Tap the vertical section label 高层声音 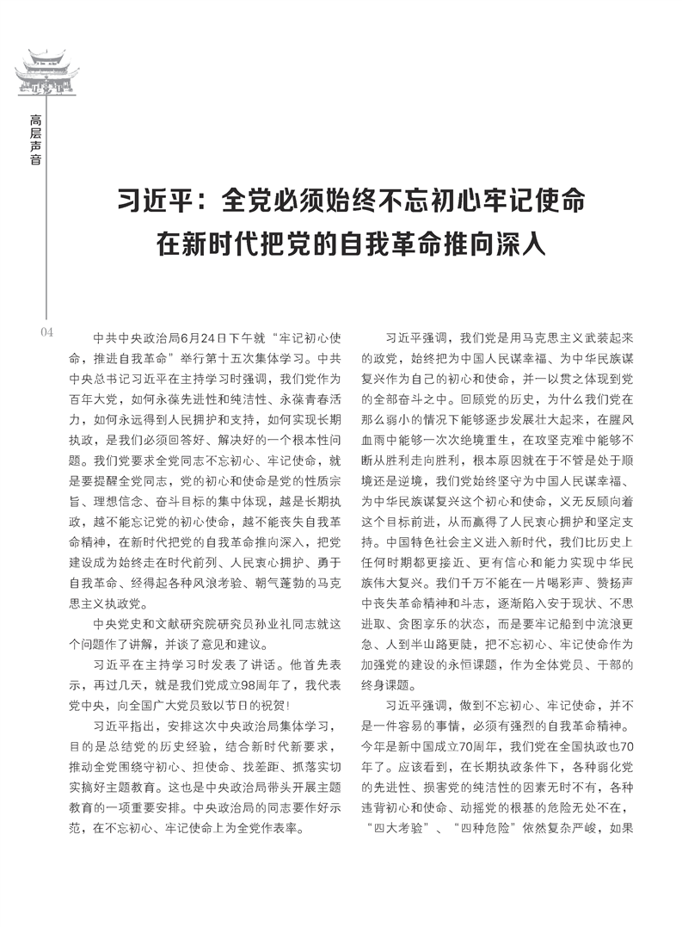34,139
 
